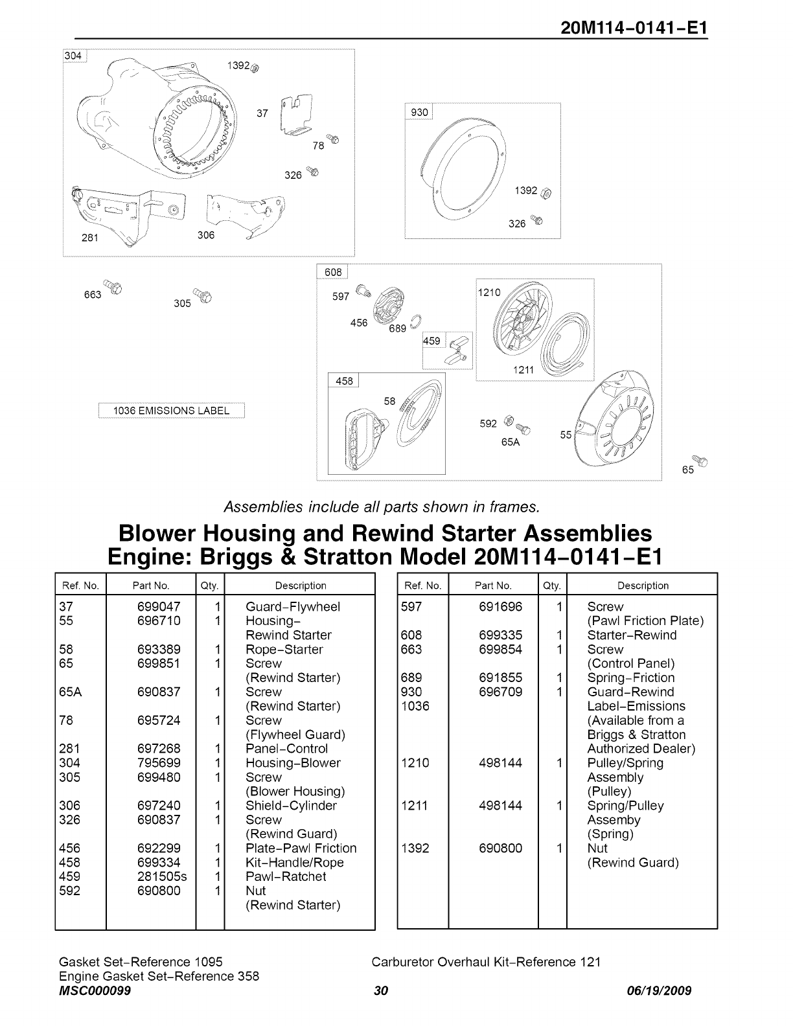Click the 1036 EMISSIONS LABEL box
click(x=171, y=411)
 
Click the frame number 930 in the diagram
click(x=419, y=112)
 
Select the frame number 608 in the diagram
click(x=332, y=273)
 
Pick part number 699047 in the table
click(x=159, y=607)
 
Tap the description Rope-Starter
click(x=284, y=650)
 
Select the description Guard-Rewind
click(x=630, y=692)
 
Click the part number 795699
click(x=159, y=763)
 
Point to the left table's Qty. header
click(x=210, y=586)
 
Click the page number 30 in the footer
click(x=380, y=990)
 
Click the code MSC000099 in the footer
click(x=95, y=990)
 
